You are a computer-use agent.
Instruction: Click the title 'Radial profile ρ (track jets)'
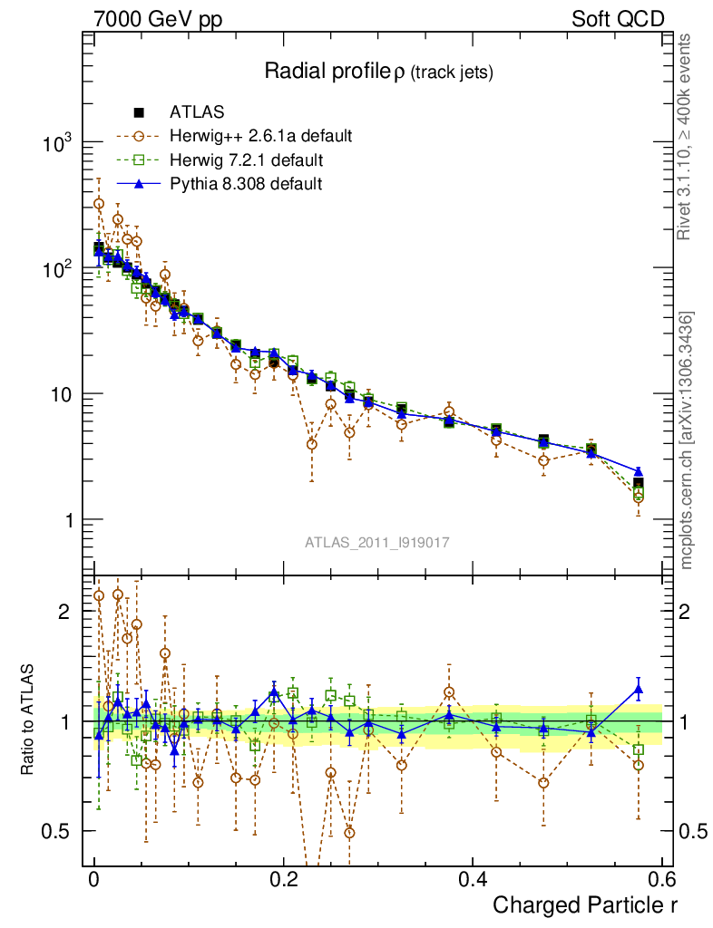[377, 72]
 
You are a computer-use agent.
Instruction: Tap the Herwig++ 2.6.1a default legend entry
[260, 137]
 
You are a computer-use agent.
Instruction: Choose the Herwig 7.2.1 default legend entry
[246, 160]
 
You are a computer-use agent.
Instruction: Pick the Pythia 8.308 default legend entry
[246, 184]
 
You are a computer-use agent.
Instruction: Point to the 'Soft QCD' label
[618, 18]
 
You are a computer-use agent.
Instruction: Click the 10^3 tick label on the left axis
[57, 145]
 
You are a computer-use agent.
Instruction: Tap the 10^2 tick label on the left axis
[57, 270]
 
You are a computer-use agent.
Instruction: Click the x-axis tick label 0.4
[473, 880]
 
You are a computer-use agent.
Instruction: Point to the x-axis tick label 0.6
[661, 880]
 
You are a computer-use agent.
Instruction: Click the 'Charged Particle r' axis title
[584, 904]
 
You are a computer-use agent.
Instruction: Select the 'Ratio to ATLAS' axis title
[30, 721]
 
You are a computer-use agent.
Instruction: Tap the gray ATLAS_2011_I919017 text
[377, 542]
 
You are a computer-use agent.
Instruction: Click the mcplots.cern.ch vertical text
[688, 440]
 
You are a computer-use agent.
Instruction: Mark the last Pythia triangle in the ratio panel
[639, 690]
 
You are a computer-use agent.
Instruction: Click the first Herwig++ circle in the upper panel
[99, 204]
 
